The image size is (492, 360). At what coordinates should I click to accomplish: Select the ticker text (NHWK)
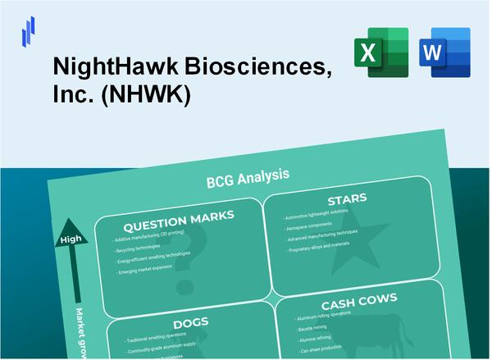148,97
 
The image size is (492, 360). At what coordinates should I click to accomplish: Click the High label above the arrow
68,239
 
